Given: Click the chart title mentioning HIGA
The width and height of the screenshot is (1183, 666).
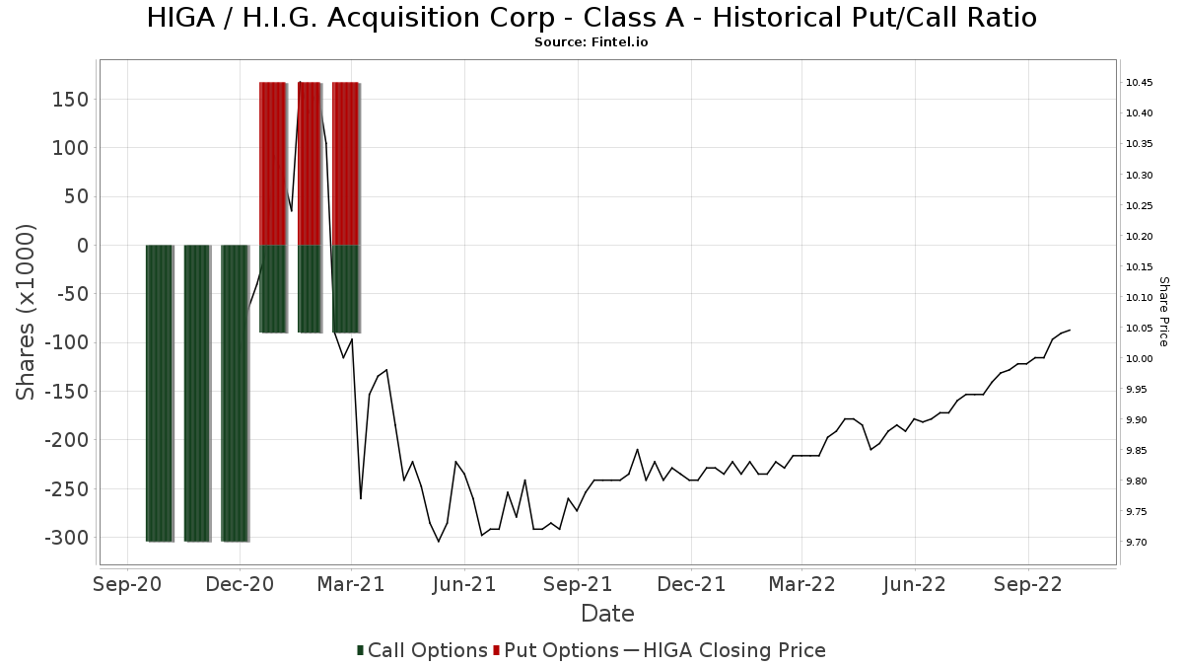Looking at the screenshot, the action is click(591, 18).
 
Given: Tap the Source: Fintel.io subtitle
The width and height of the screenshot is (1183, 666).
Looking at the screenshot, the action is click(591, 42).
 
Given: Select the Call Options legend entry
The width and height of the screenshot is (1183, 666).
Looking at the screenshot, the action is click(422, 650).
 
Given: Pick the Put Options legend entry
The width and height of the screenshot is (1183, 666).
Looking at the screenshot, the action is click(556, 650).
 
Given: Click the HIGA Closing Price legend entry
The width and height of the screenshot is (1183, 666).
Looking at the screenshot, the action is click(725, 650).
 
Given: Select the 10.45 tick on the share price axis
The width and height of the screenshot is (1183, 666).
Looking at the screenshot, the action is click(1139, 83).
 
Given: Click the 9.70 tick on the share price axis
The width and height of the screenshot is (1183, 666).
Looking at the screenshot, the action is click(1136, 543).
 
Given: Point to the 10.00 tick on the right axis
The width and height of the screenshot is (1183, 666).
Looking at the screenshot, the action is click(1139, 359).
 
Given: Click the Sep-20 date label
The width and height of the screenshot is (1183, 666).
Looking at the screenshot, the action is click(127, 585).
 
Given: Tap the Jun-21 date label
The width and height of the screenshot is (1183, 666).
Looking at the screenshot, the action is click(464, 585).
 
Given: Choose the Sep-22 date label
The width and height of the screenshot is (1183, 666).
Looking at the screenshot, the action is click(1027, 585).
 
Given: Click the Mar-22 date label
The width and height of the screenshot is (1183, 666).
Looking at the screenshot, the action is click(801, 585).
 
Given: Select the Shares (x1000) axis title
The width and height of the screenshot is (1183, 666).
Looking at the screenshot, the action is click(26, 312).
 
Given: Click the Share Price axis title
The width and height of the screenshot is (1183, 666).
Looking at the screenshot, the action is click(1164, 312).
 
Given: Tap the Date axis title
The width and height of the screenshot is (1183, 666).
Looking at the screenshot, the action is click(607, 614).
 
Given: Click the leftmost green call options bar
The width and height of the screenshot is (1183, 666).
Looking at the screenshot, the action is click(159, 394).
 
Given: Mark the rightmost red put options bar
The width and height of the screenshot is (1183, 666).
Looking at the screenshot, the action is click(345, 164).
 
